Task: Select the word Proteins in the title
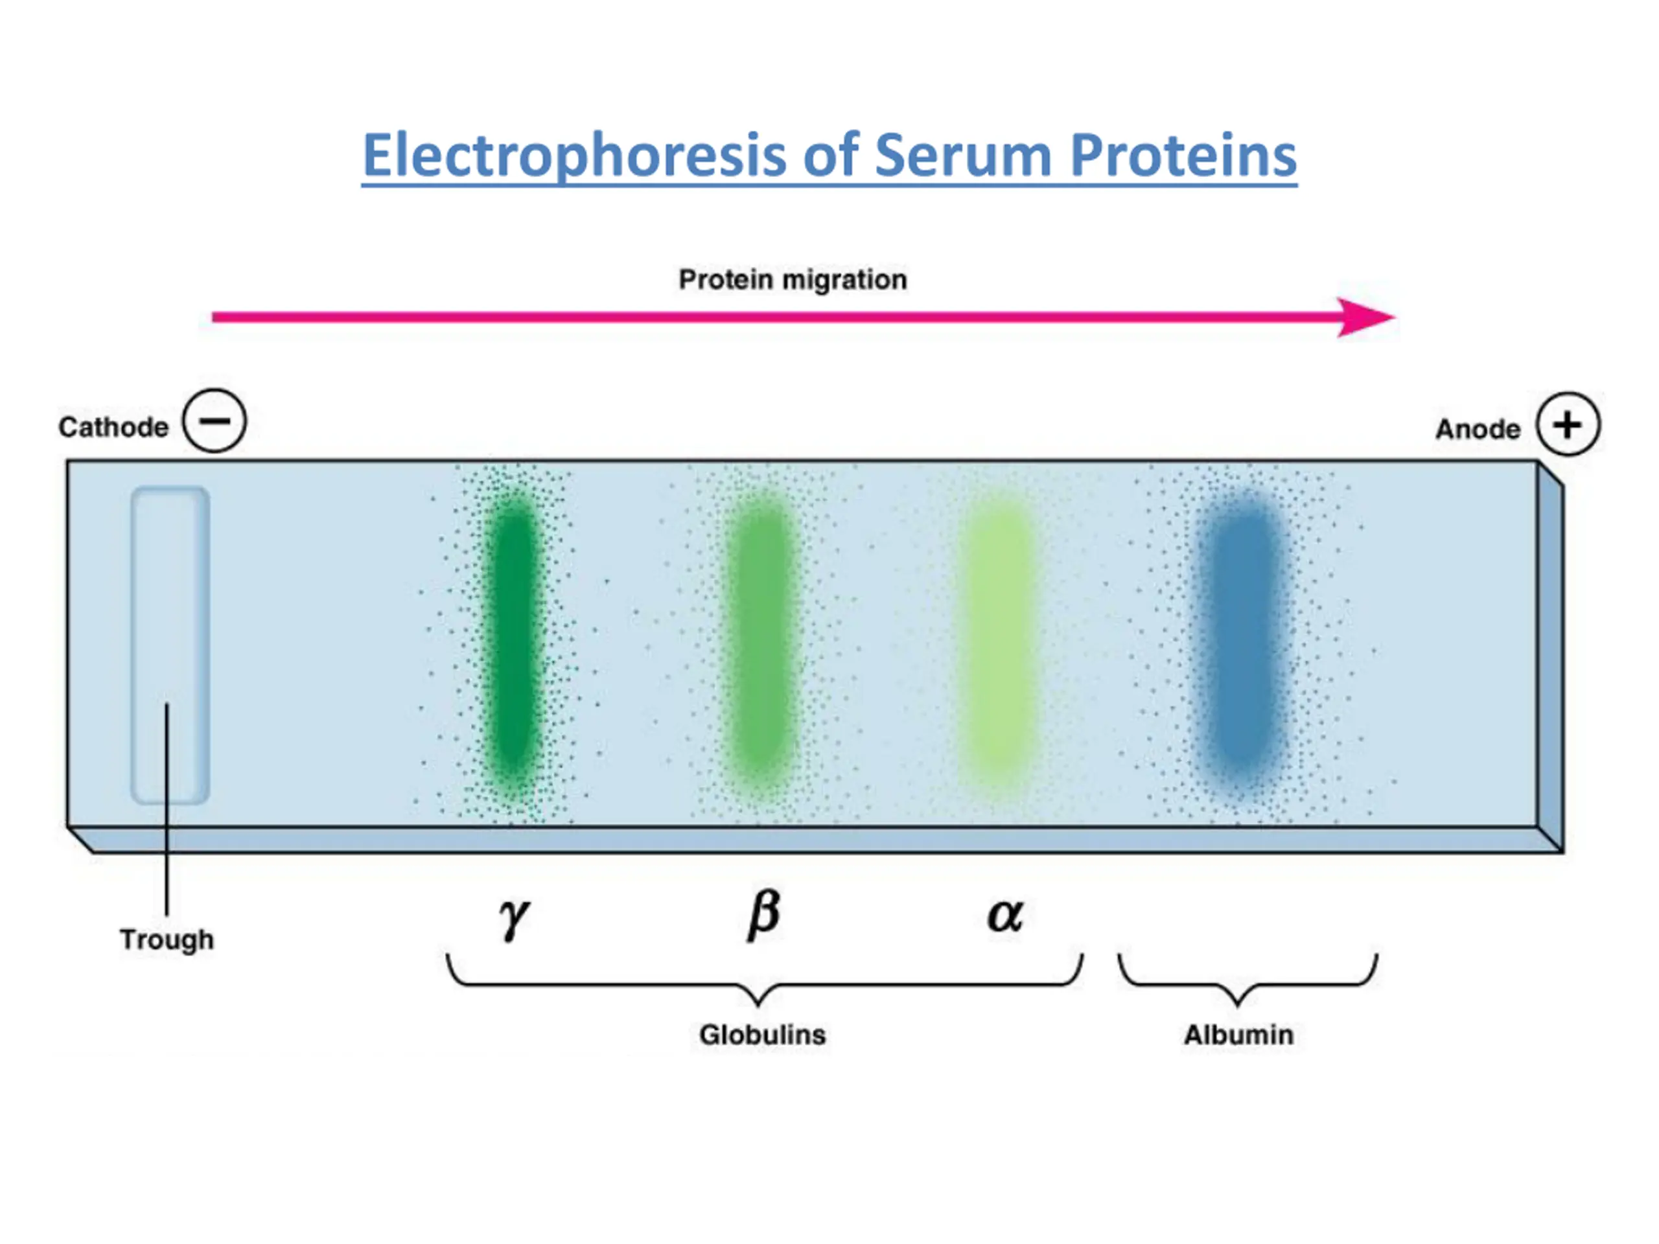(1183, 156)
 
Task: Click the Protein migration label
(793, 280)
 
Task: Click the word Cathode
(113, 428)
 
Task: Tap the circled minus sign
(215, 420)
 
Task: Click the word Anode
(1478, 430)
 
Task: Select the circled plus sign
(1568, 424)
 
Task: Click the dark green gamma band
(514, 638)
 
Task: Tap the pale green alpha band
(1001, 638)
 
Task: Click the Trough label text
(167, 939)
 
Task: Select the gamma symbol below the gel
(515, 916)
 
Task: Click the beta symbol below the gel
(763, 915)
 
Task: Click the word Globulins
(762, 1035)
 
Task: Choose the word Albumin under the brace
(1238, 1035)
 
